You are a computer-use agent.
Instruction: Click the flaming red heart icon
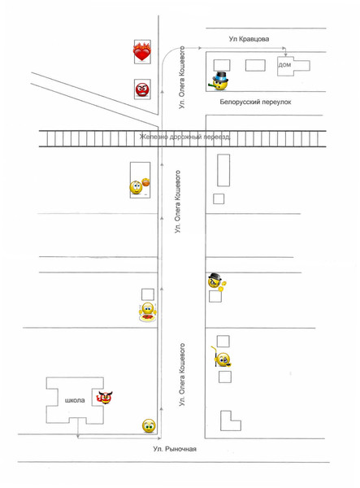click(141, 51)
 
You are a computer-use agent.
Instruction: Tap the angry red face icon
click(142, 89)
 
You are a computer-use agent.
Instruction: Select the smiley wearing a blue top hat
click(219, 81)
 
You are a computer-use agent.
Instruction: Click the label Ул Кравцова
click(249, 39)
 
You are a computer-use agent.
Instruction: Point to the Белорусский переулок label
click(255, 102)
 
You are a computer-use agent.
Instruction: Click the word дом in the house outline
click(284, 65)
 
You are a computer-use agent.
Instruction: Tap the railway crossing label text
click(185, 137)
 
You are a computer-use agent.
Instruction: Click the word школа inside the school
click(75, 400)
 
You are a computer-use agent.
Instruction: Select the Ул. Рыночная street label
click(175, 449)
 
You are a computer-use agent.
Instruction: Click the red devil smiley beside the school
click(105, 398)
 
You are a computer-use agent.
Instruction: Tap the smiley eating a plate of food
click(147, 312)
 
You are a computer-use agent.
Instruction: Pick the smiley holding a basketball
click(140, 186)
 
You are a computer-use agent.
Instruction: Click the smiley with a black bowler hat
click(216, 281)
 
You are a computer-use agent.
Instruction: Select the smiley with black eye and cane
click(221, 358)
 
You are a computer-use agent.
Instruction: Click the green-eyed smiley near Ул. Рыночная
click(149, 425)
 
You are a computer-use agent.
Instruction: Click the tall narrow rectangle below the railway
click(223, 170)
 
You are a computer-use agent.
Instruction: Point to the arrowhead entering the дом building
click(285, 54)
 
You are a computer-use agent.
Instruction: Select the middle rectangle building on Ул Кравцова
click(255, 65)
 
